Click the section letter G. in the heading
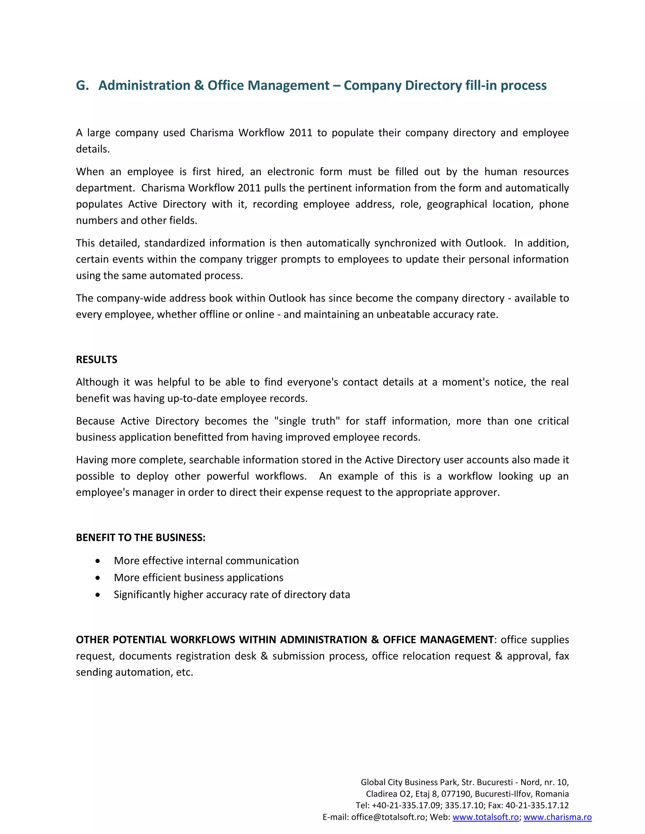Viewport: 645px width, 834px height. click(82, 86)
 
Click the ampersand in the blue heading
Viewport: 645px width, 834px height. click(199, 86)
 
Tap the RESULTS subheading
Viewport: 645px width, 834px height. click(96, 360)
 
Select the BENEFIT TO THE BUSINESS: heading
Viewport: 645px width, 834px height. click(140, 538)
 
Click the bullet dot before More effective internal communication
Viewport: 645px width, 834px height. click(98, 561)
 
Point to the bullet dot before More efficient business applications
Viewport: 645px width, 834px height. click(98, 578)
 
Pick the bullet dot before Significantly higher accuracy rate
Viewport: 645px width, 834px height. click(98, 595)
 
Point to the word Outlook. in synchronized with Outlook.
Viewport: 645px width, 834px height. click(485, 243)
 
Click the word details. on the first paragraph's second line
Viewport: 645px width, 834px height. click(93, 149)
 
